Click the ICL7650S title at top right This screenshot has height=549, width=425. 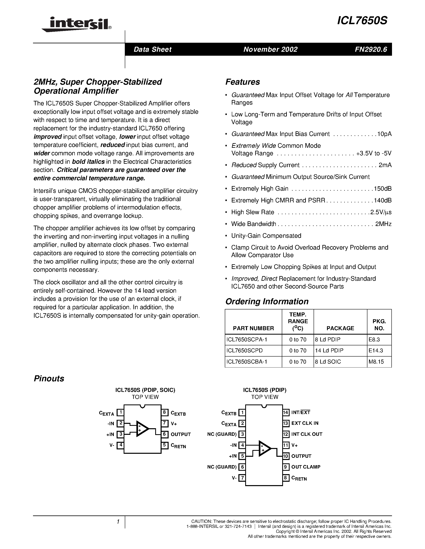pos(362,21)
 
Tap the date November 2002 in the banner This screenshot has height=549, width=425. pos(270,49)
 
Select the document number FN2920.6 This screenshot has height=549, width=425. pos(371,49)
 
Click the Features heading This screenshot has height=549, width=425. pos(242,82)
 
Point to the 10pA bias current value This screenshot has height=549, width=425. pos(384,134)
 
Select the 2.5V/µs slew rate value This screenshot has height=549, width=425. pos(381,212)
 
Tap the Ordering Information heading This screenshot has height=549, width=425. pos(267,301)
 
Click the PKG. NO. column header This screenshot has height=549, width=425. pos(379,325)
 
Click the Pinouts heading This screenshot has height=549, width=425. pos(49,379)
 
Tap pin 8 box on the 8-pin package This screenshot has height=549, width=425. pos(164,412)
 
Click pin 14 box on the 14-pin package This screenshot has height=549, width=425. pos(286,412)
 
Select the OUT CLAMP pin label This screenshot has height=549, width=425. pos(306,467)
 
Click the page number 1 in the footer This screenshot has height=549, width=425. pos(118,522)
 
